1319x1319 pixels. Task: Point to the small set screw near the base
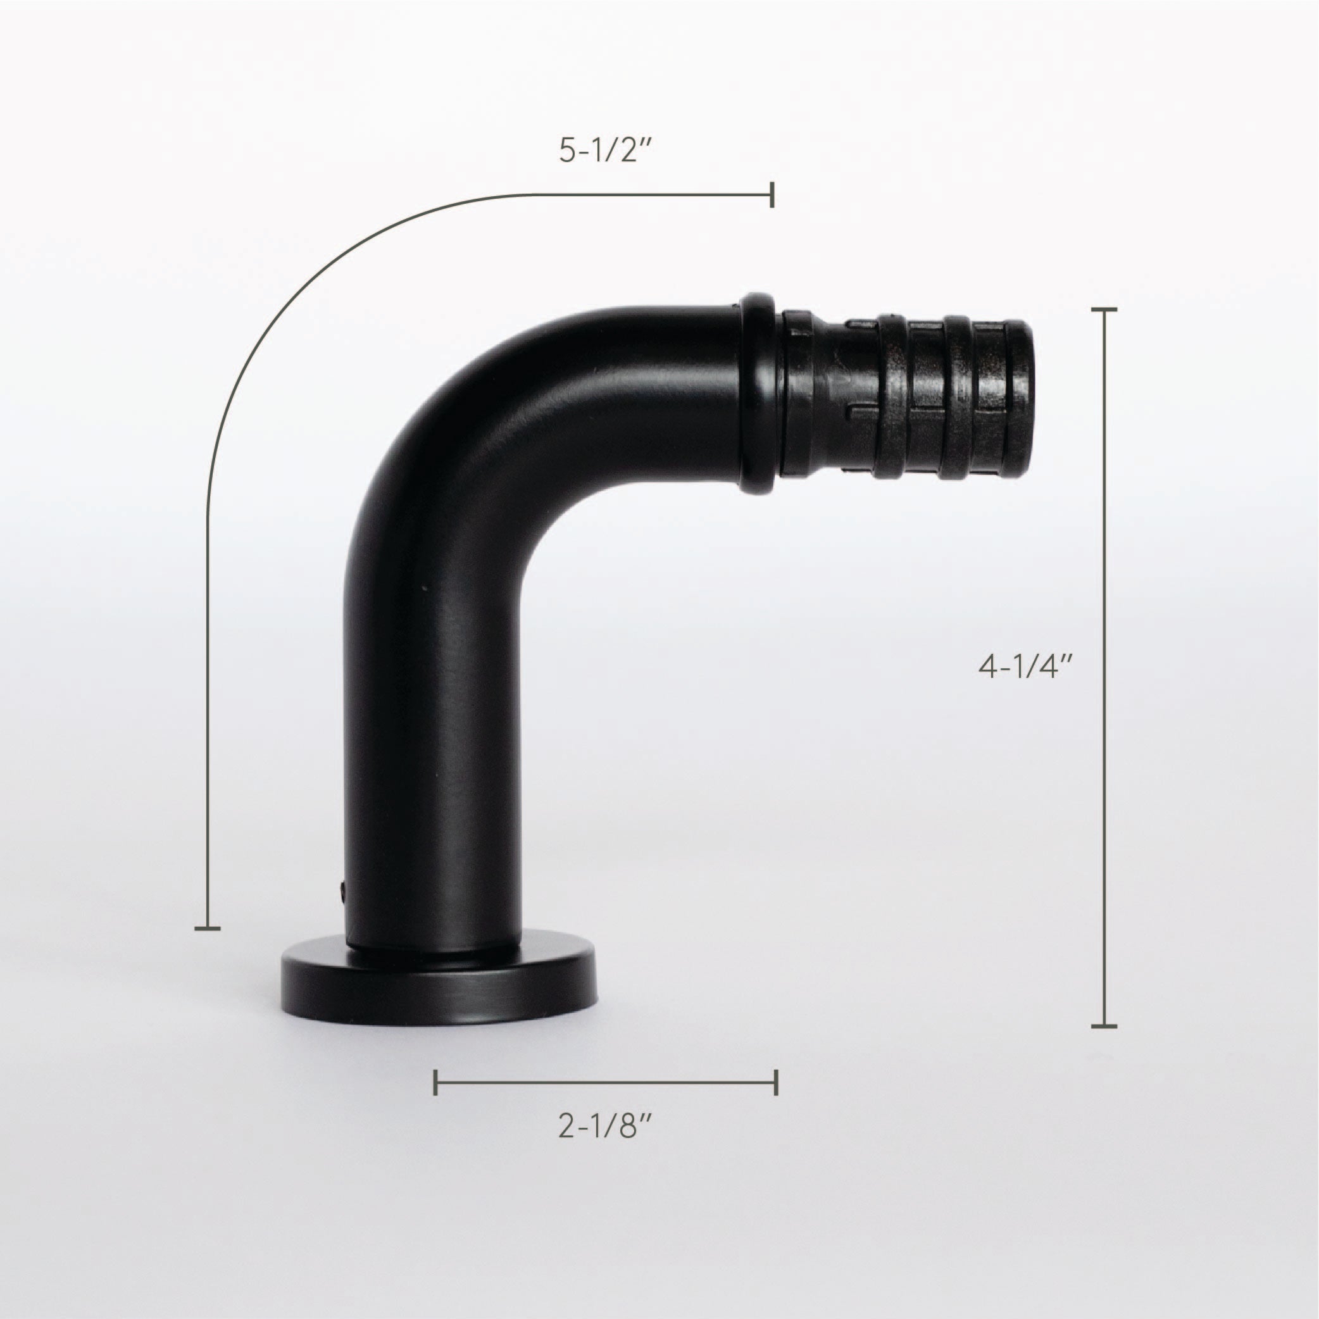341,888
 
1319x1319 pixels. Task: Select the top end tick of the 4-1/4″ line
1104,309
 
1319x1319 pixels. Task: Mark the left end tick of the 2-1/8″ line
435,1082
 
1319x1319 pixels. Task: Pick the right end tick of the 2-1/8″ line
776,1082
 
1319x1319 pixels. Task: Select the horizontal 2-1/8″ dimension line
606,1082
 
